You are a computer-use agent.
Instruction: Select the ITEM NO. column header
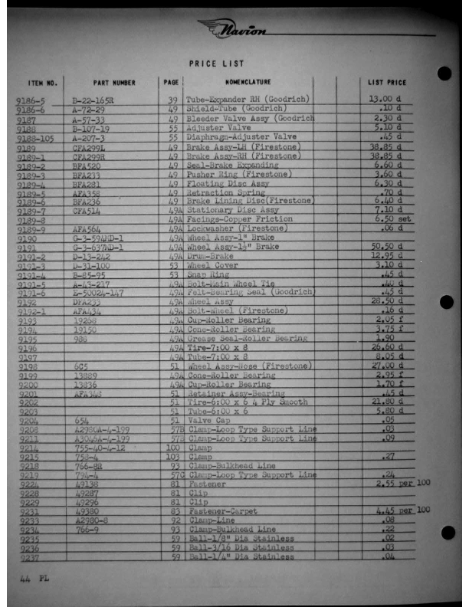point(42,82)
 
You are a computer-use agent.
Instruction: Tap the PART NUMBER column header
point(114,82)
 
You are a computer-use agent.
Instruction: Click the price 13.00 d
point(385,100)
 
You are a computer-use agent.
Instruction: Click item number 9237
point(28,558)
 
